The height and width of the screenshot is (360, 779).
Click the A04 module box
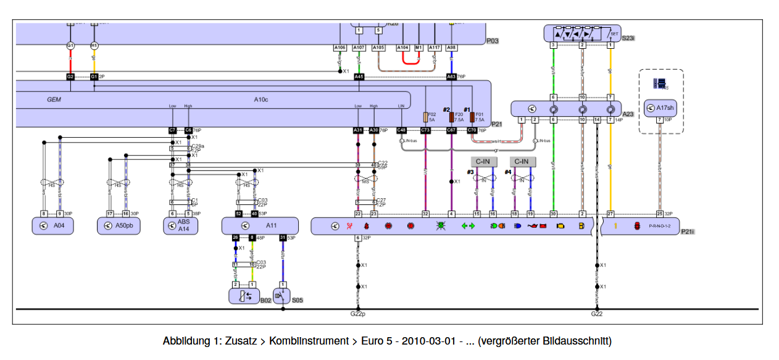[53, 226]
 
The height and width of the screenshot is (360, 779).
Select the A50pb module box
[119, 226]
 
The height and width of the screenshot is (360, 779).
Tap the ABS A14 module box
[180, 226]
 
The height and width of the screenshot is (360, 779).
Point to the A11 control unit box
[260, 226]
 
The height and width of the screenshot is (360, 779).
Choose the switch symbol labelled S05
[281, 296]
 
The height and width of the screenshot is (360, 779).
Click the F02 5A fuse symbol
[425, 117]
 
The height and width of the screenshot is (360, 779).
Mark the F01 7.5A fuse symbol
[472, 117]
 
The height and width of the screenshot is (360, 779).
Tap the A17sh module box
[660, 109]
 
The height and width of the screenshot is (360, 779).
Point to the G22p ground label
[358, 314]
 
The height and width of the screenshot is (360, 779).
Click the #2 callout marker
[447, 109]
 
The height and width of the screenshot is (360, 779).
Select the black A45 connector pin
[359, 77]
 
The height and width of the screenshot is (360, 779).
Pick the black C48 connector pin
[402, 130]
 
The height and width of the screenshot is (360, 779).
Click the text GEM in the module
[54, 99]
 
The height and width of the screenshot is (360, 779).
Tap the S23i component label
[628, 38]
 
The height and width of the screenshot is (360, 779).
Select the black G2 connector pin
[70, 77]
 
